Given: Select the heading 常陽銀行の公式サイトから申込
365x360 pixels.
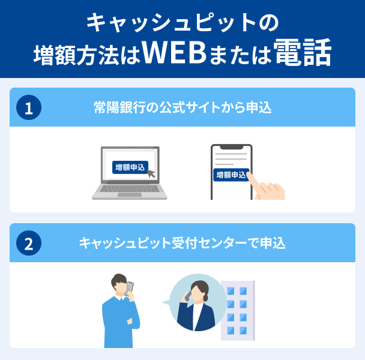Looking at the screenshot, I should (183, 107).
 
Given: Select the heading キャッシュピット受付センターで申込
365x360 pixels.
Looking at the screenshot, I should (182, 243).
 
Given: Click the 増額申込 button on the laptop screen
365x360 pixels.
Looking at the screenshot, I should (128, 167).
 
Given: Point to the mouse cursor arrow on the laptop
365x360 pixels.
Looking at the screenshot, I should (150, 173).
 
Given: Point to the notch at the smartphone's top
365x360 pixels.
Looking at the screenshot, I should (231, 146).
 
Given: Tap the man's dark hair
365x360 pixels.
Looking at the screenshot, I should (118, 279).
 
